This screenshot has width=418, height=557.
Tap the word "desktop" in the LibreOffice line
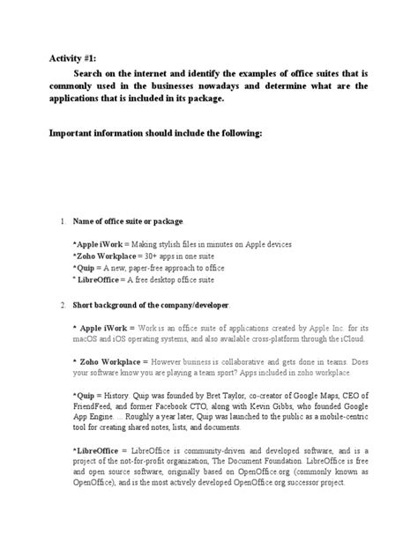point(170,278)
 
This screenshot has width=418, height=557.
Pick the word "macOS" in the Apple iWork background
point(86,339)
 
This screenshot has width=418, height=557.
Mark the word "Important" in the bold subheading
point(71,137)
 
